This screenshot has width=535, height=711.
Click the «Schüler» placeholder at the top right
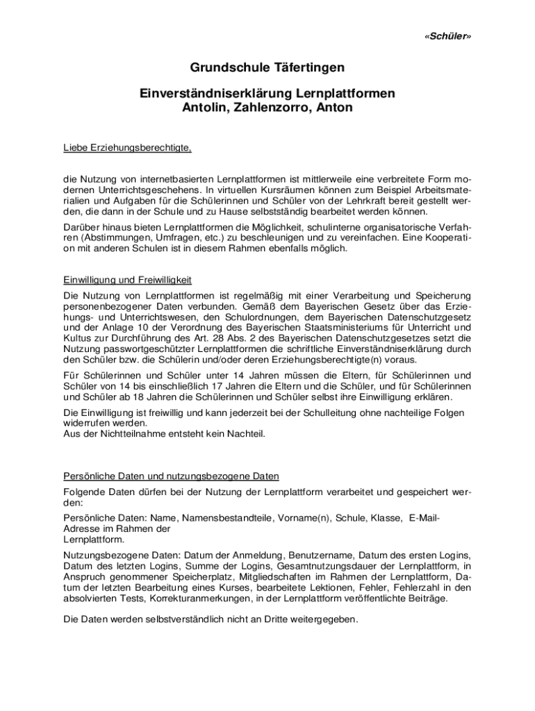pos(442,35)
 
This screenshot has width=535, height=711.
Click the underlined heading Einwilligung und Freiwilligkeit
pos(127,280)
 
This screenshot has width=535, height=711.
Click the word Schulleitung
pos(341,412)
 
